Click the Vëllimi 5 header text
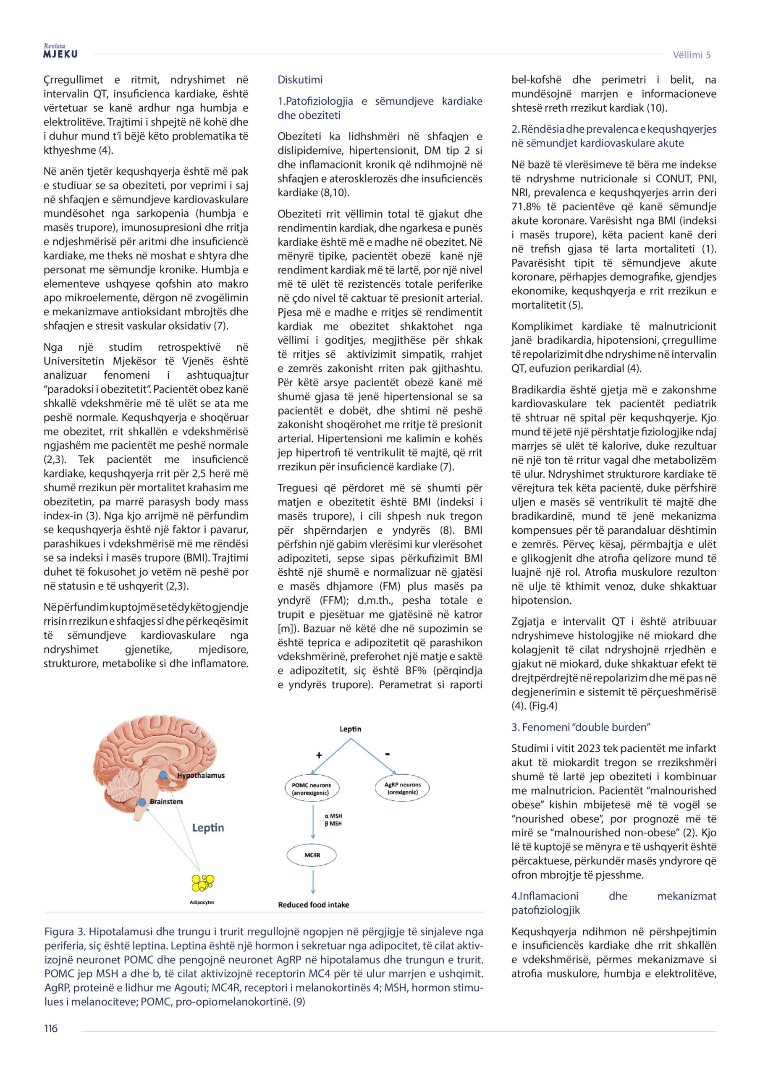(x=691, y=55)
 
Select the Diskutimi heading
(x=300, y=80)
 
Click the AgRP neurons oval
(x=402, y=788)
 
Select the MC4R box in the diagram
(x=312, y=855)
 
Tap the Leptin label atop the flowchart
(x=350, y=729)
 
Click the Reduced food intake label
(x=313, y=905)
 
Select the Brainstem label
(x=166, y=802)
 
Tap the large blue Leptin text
(x=208, y=828)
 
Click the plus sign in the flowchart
(x=320, y=755)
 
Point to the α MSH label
(x=333, y=816)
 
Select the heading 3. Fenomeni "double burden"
(x=581, y=727)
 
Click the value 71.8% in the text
(x=528, y=207)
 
